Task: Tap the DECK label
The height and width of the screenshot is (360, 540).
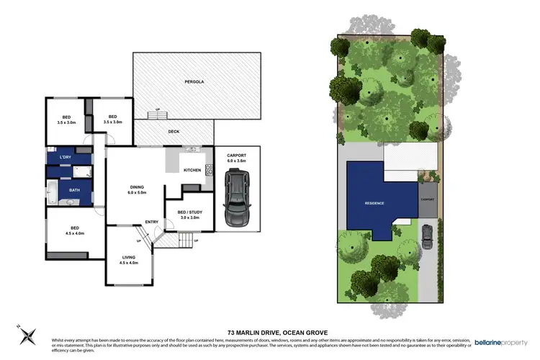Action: [174, 132]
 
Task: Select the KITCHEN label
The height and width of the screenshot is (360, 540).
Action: [192, 170]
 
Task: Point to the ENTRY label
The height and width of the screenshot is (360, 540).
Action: [152, 222]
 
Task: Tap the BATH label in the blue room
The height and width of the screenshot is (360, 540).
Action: [74, 190]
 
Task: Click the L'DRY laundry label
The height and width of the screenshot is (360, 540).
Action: [65, 158]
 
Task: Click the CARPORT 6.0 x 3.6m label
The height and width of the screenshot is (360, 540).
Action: [236, 158]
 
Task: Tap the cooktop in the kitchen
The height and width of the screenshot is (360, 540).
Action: [210, 171]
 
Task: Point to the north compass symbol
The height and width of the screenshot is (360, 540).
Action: [27, 333]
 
